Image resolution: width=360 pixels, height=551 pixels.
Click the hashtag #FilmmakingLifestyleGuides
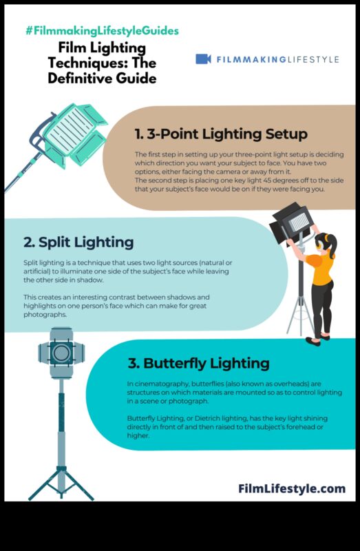(102, 31)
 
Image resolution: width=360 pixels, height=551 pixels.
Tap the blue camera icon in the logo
(203, 59)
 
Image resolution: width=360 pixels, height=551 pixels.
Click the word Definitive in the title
(78, 79)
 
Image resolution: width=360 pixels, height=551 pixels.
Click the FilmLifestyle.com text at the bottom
(292, 488)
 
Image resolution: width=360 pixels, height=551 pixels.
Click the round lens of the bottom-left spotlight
(61, 352)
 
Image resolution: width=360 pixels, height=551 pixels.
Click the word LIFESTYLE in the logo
(312, 60)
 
